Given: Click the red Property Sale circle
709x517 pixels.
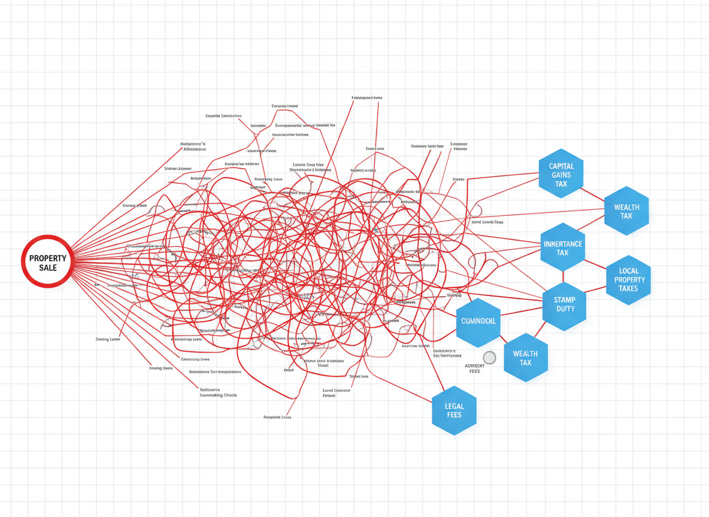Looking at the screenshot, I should [x=47, y=261].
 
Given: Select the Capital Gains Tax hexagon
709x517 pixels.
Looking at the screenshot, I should [x=561, y=174].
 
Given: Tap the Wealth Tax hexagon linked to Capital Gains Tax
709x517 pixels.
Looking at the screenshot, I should [x=626, y=211].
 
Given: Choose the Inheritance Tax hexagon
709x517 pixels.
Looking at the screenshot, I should [x=562, y=247].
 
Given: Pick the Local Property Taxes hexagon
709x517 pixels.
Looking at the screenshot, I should [x=628, y=279].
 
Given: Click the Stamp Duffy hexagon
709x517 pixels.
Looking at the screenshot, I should [x=564, y=304].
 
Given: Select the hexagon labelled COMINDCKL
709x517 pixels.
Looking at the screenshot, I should [x=478, y=321].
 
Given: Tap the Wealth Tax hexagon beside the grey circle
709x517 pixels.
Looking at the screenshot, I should [x=525, y=357].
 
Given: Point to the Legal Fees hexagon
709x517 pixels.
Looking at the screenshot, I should [x=454, y=410].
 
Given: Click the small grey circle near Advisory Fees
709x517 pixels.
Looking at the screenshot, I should [x=489, y=358].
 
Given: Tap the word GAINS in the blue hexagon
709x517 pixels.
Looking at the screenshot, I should [x=561, y=175].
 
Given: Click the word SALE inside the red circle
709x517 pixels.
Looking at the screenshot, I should [x=48, y=267].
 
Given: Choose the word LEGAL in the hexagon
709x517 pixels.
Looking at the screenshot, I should [x=455, y=406].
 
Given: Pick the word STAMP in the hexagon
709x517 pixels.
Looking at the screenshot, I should [x=565, y=300].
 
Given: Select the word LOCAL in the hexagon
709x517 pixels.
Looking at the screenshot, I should [x=628, y=270].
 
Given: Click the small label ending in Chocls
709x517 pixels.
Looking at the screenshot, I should [x=219, y=395].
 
